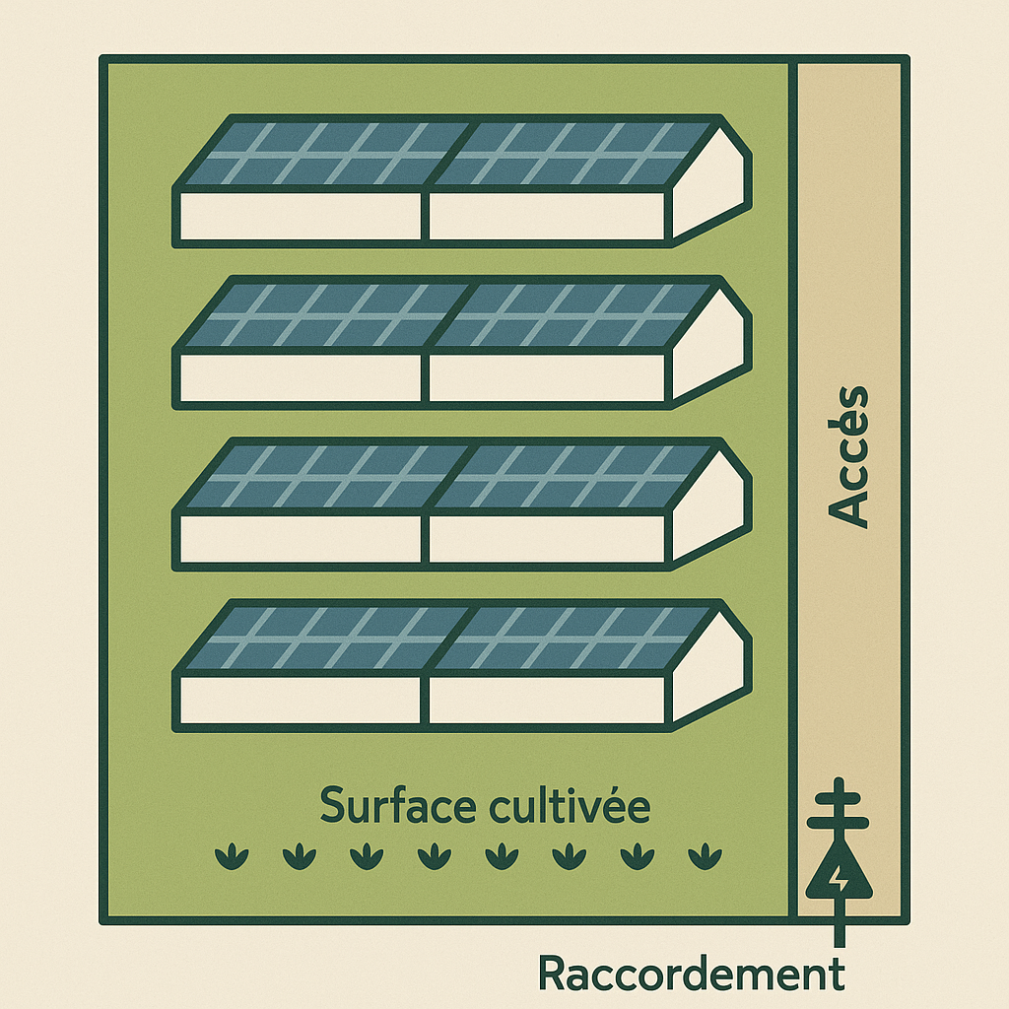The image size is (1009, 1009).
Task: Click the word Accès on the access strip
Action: tap(848, 456)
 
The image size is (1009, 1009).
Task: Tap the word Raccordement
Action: tap(691, 974)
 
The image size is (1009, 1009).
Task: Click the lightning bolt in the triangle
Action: tap(839, 876)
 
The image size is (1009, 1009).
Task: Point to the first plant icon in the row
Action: tap(231, 855)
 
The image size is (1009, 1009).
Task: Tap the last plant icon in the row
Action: tap(705, 855)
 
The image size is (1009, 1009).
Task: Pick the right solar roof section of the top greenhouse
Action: tap(576, 154)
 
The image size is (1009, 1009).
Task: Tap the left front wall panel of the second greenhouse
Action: tap(300, 377)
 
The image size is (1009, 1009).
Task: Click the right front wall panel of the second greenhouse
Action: tap(548, 377)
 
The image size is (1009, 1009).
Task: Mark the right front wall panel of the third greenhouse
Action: tap(548, 538)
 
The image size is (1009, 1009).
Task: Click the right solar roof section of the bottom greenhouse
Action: tap(576, 638)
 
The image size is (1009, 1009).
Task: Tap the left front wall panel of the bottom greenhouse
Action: tap(300, 700)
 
